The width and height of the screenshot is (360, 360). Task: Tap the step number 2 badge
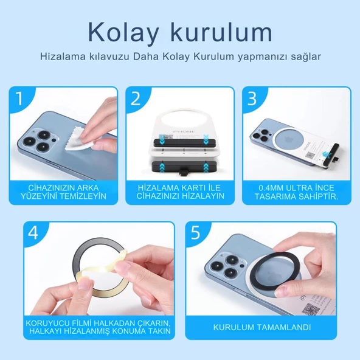coord(136,98)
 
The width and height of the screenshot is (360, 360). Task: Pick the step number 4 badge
coord(34,232)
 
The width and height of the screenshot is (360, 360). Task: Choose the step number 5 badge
coord(196,232)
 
